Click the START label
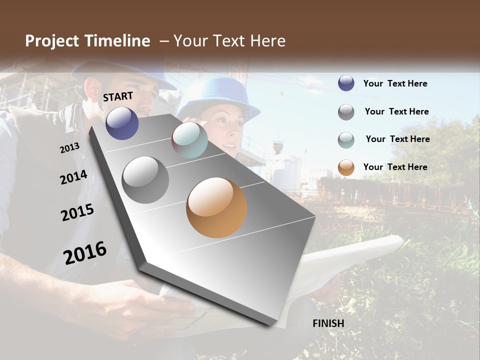(118, 96)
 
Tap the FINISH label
(328, 323)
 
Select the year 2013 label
(69, 148)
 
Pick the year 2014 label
(73, 177)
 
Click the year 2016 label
(85, 253)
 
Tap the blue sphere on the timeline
(122, 123)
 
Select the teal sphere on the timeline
(189, 140)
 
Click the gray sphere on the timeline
(145, 180)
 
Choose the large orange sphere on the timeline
(216, 207)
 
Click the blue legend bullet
(346, 83)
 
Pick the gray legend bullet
(346, 112)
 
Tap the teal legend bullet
(346, 139)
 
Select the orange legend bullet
(346, 167)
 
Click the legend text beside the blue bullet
(395, 83)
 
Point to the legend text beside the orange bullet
(395, 167)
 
